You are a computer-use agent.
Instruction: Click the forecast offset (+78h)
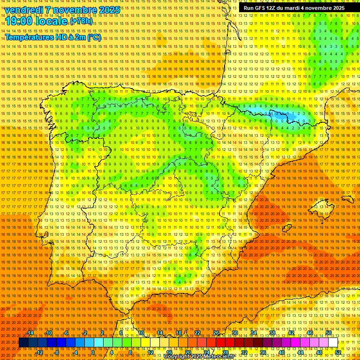click(81, 22)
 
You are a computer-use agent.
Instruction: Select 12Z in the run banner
click(271, 8)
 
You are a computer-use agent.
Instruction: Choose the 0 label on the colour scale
click(93, 352)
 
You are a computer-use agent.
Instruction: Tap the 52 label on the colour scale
click(338, 352)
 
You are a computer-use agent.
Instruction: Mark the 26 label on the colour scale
click(216, 333)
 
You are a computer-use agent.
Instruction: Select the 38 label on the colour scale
click(272, 333)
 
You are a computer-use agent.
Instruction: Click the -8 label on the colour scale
click(56, 352)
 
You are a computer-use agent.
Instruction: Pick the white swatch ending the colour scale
click(333, 343)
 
